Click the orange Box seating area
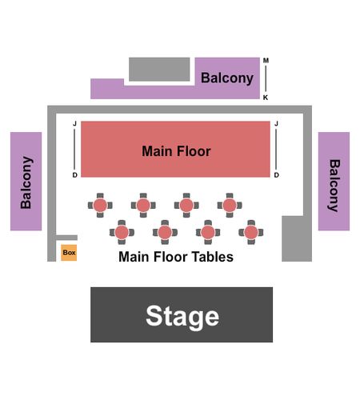(69, 253)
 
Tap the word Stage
(182, 317)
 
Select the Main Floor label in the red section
(176, 151)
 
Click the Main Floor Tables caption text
(176, 257)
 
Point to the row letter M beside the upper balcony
(266, 61)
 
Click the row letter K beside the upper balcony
(266, 98)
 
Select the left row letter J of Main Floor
(75, 124)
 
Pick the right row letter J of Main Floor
(277, 124)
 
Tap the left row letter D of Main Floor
(75, 175)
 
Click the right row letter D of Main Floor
(277, 175)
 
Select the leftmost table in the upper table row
(100, 206)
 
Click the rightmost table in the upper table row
(230, 206)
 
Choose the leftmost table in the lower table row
(122, 232)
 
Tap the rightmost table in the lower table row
(251, 232)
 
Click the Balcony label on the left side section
(26, 182)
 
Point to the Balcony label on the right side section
(334, 186)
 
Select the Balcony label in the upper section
(227, 78)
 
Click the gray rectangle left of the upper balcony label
(159, 69)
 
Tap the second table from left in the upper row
(143, 206)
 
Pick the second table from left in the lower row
(165, 232)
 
